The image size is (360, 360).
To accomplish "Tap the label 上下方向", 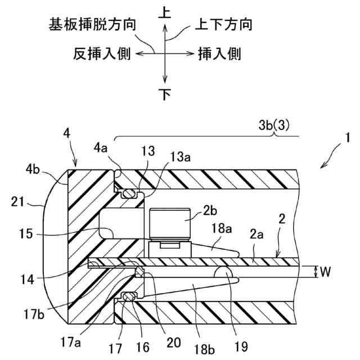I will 223,25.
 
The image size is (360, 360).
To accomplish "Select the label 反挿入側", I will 102,54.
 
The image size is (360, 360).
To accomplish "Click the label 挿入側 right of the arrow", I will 219,54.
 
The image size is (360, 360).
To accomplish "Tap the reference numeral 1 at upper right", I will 348,138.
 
